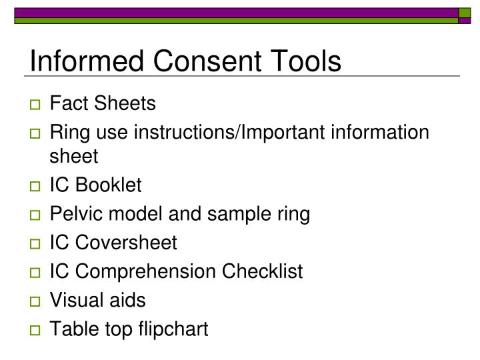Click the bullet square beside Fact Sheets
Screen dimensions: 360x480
35,105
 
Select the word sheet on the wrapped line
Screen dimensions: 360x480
74,157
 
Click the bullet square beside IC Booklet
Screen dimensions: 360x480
35,186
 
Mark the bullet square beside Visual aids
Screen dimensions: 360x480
35,301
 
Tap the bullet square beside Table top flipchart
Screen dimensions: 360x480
35,330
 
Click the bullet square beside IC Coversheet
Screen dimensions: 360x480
35,243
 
